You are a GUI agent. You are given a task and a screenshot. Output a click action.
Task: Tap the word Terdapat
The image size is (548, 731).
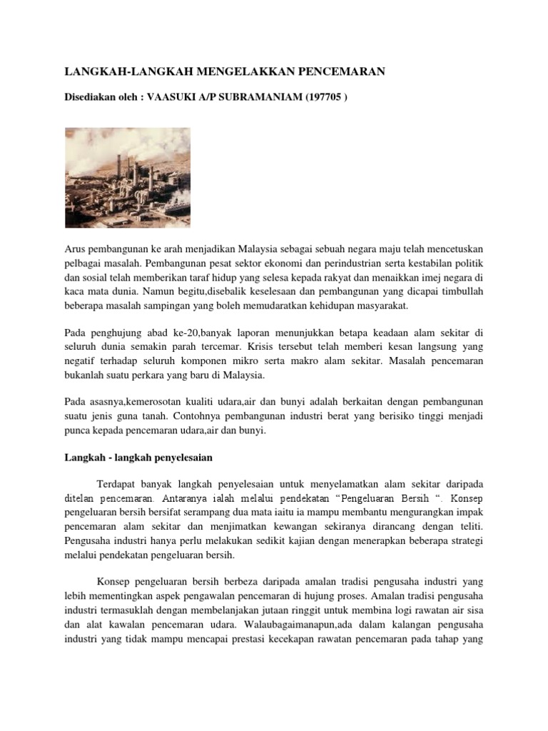click(x=118, y=483)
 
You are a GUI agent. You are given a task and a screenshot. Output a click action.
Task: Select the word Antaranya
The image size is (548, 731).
click(x=186, y=496)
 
